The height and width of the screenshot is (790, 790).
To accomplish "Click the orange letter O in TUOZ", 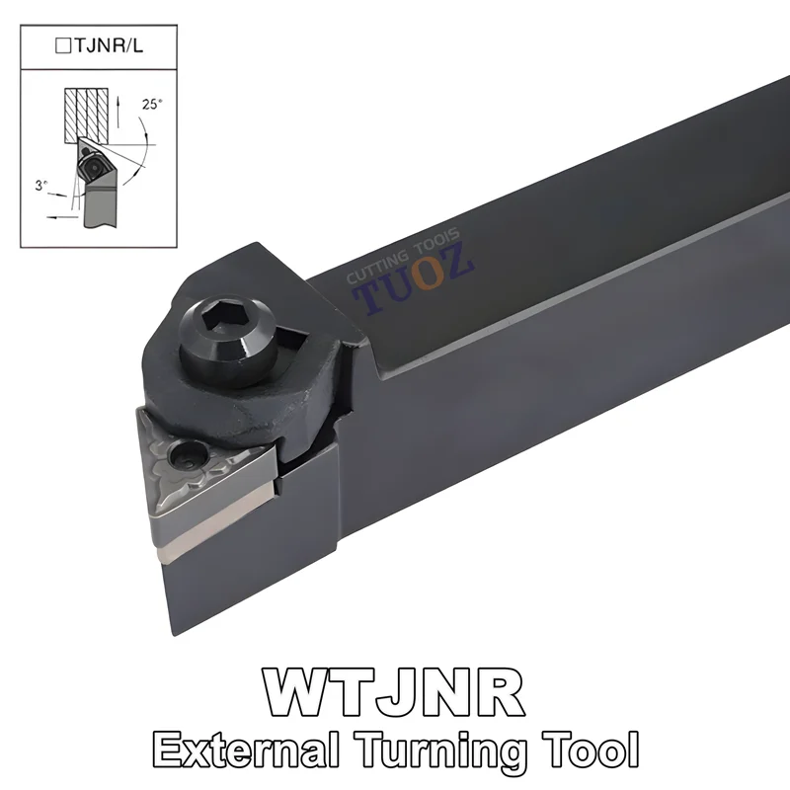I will coord(427,277).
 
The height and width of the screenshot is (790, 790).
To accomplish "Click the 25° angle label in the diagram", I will coord(151,103).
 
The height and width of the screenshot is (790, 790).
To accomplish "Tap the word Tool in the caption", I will coord(584,747).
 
